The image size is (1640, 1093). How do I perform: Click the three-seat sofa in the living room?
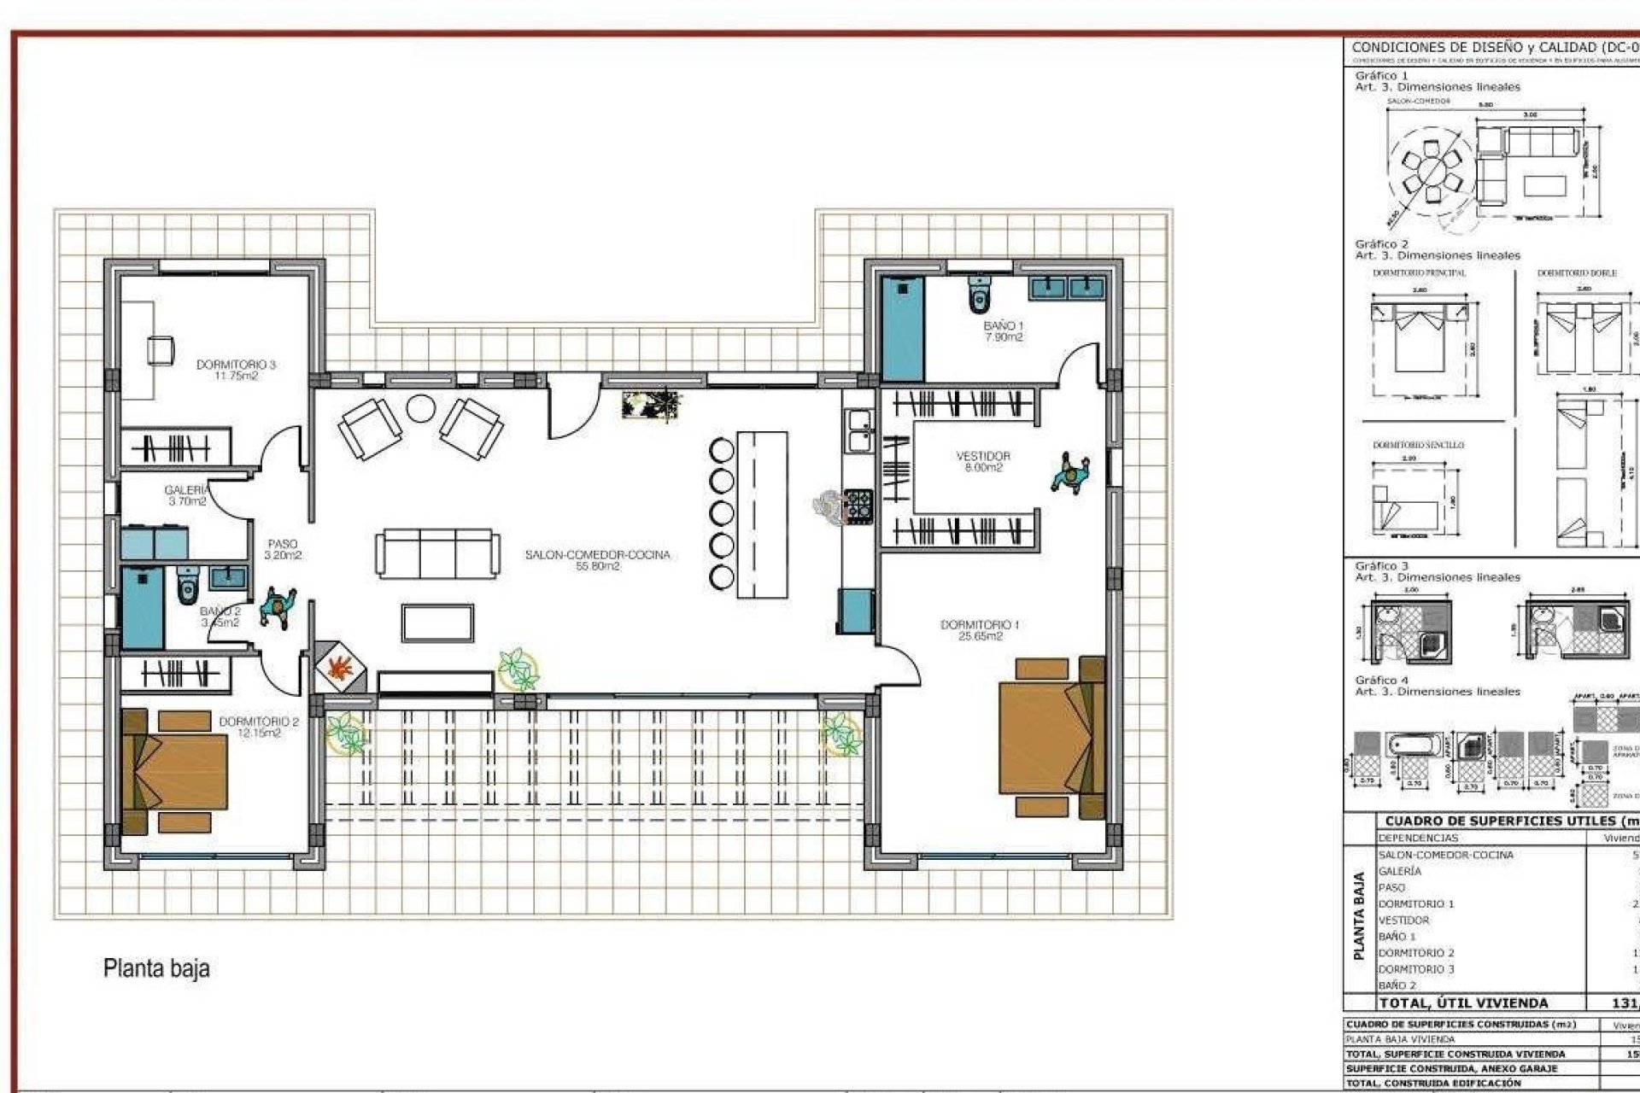click(437, 553)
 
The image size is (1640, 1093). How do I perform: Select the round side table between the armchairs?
click(420, 410)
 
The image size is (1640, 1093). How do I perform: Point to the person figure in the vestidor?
click(1070, 474)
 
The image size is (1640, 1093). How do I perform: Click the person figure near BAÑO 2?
click(278, 608)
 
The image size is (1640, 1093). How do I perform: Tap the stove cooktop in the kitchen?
click(858, 506)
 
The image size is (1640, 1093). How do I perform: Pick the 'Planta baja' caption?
click(156, 968)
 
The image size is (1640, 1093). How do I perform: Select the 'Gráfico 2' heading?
click(1381, 244)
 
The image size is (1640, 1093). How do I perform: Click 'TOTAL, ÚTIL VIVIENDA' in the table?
click(1463, 1003)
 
